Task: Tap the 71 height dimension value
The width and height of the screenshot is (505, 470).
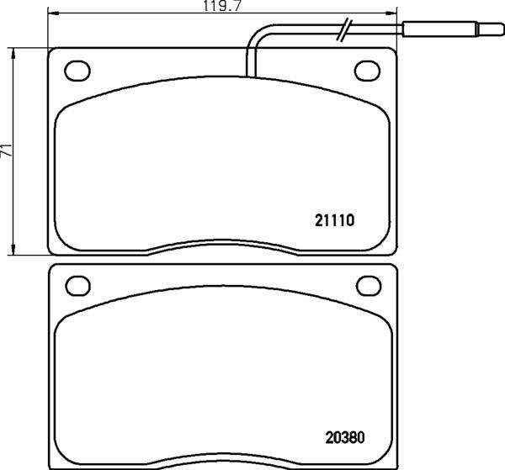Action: (x=8, y=152)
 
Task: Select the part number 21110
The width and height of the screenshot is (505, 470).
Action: (x=337, y=221)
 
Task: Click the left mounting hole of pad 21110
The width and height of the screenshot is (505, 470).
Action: (x=77, y=70)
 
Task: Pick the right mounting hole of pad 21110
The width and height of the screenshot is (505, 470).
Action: (x=367, y=70)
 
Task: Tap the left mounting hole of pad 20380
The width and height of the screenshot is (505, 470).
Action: (x=77, y=287)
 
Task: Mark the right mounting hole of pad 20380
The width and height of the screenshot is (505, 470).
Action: (x=367, y=287)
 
